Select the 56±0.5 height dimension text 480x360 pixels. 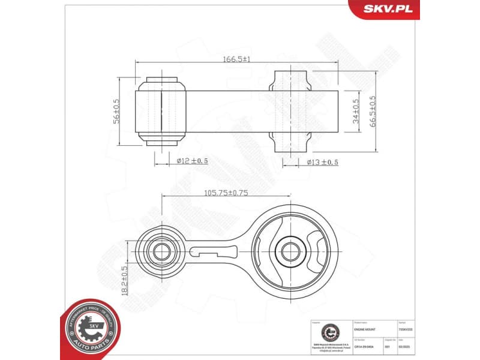116,111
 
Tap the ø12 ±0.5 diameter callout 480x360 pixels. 192,161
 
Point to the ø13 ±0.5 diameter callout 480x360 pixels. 322,162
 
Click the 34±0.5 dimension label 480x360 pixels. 356,111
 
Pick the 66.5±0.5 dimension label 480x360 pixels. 372,111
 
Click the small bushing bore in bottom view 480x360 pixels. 160,250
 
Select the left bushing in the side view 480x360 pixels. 162,109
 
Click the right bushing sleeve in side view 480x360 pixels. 291,112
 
